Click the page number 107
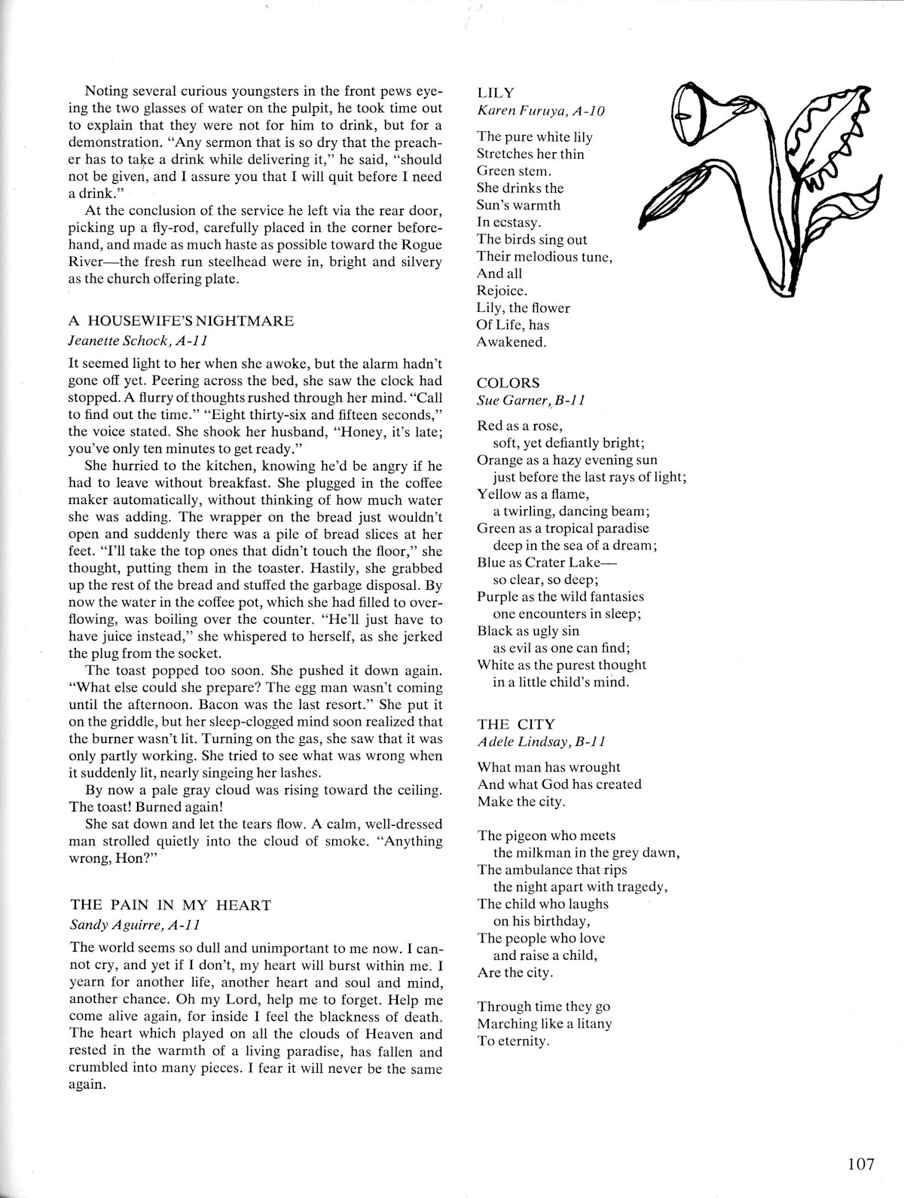tap(860, 1165)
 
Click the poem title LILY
tap(496, 93)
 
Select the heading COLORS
tap(508, 383)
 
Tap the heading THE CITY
tap(516, 724)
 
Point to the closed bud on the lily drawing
tap(664, 203)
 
